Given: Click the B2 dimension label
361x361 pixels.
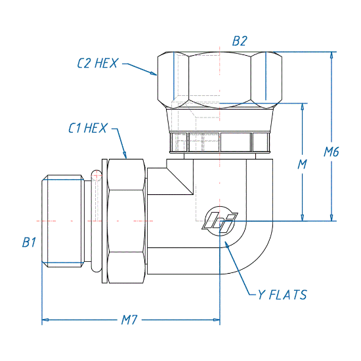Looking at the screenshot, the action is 240,41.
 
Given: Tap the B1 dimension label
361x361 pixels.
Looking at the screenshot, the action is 29,242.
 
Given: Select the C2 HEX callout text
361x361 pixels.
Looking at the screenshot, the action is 98,63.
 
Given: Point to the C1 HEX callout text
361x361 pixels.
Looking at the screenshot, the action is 88,128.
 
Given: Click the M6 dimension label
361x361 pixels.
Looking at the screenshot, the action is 331,152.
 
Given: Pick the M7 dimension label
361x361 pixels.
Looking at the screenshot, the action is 129,320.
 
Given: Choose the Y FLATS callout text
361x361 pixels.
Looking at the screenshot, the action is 282,295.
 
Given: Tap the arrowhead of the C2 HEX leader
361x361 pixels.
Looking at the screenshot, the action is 154,74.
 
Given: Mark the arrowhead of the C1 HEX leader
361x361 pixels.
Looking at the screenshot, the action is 125,155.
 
